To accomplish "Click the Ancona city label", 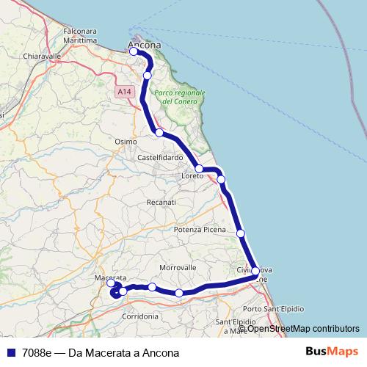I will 145,45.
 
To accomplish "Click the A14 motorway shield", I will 123,92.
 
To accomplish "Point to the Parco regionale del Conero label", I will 179,98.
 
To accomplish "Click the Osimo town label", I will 126,141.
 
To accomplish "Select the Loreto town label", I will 193,177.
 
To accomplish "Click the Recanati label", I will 161,201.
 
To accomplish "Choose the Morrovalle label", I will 179,266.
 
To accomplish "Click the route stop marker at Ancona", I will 134,51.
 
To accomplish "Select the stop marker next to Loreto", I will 199,169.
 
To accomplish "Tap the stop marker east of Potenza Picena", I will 241,233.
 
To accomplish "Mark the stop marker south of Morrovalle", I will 179,293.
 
